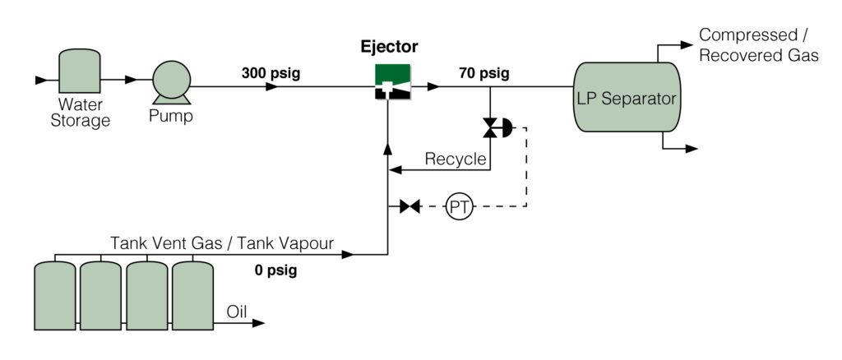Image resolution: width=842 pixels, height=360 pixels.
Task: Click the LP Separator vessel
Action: (626, 98)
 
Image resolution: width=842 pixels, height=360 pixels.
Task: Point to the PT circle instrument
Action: (459, 207)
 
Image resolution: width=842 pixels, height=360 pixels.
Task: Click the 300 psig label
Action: (271, 73)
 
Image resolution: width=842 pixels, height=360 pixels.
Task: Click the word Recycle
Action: (455, 159)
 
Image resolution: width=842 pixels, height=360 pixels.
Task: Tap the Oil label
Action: (236, 312)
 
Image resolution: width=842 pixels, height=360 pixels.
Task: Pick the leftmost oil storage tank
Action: (55, 295)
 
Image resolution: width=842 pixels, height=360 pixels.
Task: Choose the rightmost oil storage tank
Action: (192, 295)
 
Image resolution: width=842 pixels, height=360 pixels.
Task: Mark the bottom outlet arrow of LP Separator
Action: (691, 149)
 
